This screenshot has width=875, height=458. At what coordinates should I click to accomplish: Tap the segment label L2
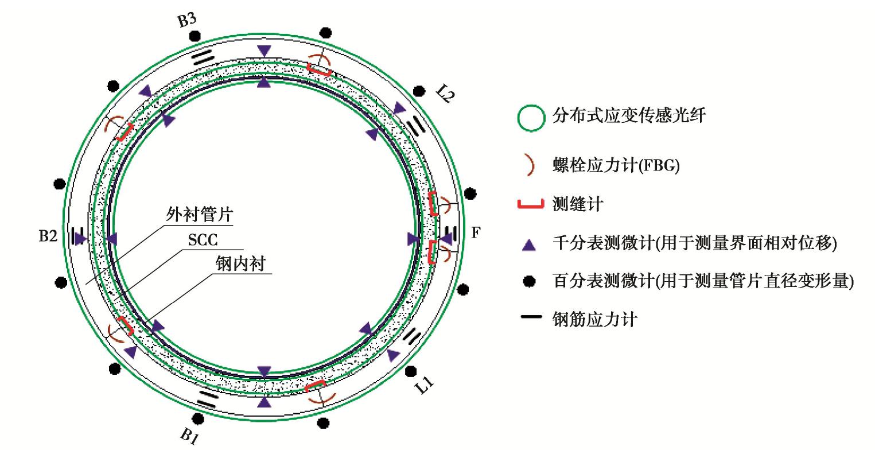click(442, 96)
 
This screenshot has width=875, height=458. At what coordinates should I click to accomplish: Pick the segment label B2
click(48, 236)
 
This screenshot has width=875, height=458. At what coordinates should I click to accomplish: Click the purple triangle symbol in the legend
click(531, 244)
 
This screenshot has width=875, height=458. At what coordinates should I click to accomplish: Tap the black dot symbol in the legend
click(531, 281)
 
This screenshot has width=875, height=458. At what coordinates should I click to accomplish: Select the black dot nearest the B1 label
click(198, 417)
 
